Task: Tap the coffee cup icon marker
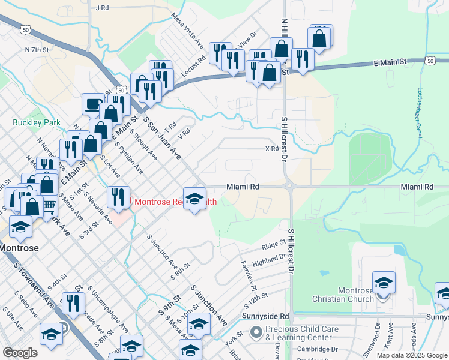[93, 104]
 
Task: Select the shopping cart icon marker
[49, 206]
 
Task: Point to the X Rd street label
[272, 149]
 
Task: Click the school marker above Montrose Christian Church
[384, 281]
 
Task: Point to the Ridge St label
[273, 245]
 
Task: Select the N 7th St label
[36, 50]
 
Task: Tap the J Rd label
[102, 8]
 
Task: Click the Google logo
[20, 353]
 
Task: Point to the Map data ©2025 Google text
[412, 355]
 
